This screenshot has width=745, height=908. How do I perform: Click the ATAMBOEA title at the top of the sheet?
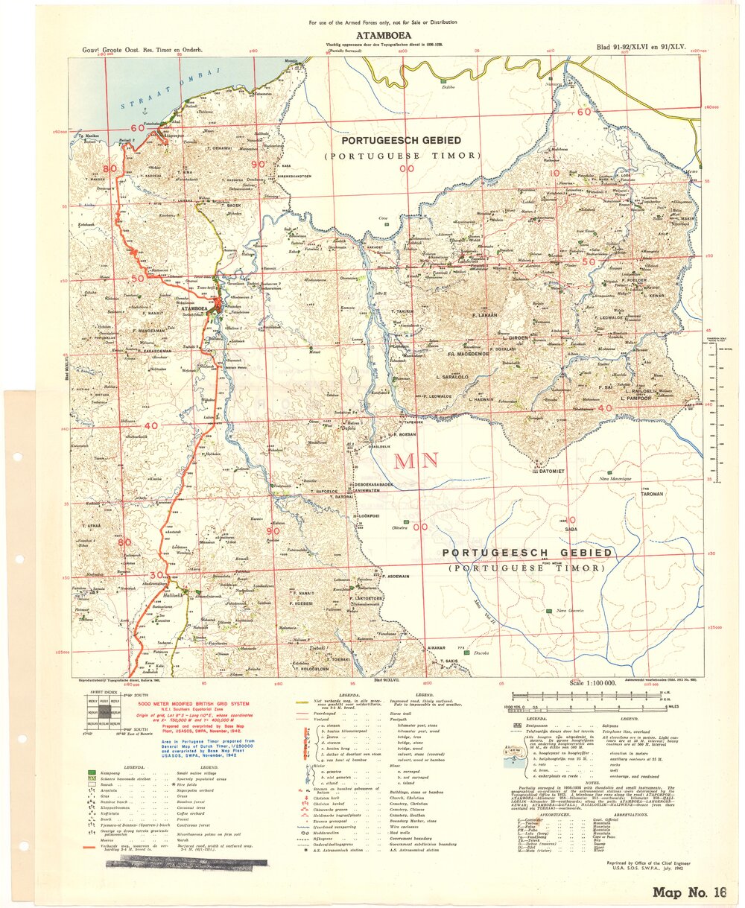pyautogui.click(x=384, y=34)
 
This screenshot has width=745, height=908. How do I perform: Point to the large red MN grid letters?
pyautogui.click(x=415, y=460)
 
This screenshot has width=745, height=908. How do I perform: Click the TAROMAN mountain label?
pyautogui.click(x=650, y=493)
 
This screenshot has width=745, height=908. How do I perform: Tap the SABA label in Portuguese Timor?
pyautogui.click(x=571, y=530)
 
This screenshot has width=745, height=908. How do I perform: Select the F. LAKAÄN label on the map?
pyautogui.click(x=485, y=316)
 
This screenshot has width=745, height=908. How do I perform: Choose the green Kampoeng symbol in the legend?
pyautogui.click(x=92, y=775)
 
